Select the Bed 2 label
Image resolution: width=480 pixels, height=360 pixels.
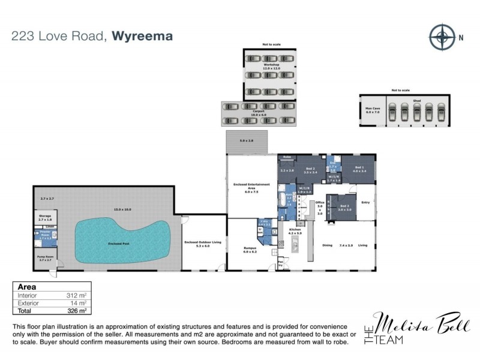coord(310,170)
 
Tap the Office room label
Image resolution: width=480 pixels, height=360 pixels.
coord(320,207)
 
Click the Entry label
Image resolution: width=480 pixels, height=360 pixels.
coord(364,203)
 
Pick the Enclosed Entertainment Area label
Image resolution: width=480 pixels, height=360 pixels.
coord(251,188)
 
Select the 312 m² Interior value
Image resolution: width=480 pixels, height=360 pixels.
coord(74,296)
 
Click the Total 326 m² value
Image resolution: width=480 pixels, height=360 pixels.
coord(74,311)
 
